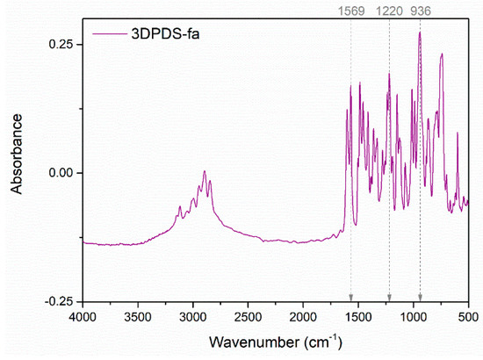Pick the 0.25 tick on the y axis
pos(61,44)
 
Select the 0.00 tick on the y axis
pos(61,172)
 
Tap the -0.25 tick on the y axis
pos(60,300)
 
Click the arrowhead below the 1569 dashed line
pos(350,296)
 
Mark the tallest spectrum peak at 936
pos(420,32)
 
